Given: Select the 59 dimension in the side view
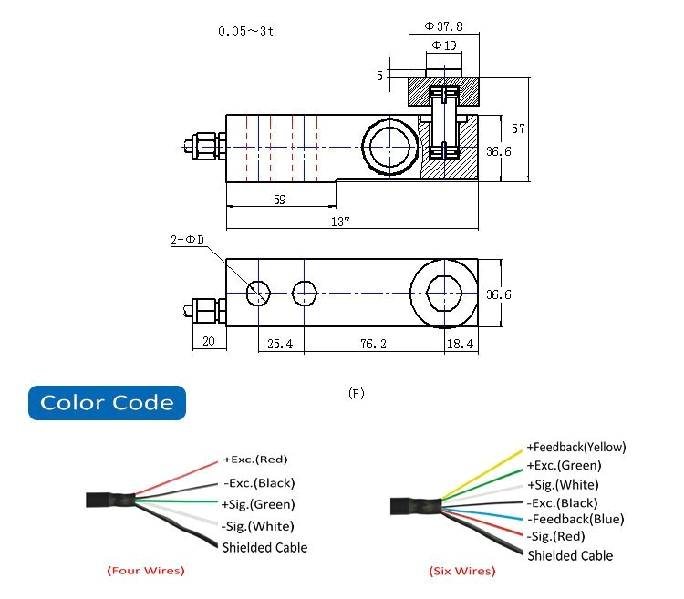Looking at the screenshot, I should tap(280, 199).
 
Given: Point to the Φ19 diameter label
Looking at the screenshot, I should tap(443, 45).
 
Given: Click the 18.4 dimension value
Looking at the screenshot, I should tap(460, 345).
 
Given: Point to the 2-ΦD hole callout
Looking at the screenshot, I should tap(186, 241).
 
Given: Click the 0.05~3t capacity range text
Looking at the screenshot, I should tap(244, 30).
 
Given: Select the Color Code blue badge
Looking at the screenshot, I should tap(106, 402).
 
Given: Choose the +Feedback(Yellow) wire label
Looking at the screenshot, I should tap(575, 448).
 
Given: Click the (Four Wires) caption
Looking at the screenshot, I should tap(145, 571).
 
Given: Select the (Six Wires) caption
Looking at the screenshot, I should tap(462, 571).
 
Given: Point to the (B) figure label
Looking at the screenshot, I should tap(357, 394).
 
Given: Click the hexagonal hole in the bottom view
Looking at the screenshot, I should tap(444, 293).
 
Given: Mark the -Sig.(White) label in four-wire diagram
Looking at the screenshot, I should tap(258, 526).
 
